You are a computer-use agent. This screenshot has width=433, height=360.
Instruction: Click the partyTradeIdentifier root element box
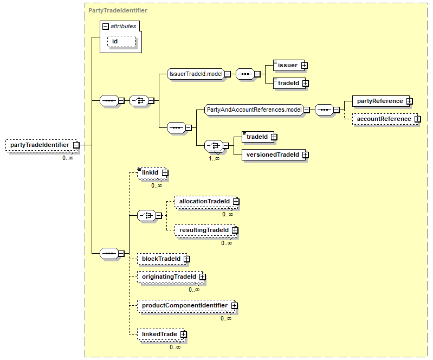[42, 145]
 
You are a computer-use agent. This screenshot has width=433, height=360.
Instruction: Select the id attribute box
[121, 41]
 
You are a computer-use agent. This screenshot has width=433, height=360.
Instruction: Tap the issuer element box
[289, 66]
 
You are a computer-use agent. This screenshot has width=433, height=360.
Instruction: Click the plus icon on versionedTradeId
[305, 155]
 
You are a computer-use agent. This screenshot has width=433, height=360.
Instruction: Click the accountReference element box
[385, 119]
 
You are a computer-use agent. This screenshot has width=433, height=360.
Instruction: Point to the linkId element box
[152, 172]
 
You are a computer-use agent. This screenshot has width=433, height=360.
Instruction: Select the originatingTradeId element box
[171, 277]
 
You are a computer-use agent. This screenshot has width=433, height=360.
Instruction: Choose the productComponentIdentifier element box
[186, 306]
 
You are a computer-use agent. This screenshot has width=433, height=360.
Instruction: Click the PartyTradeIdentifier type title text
[118, 10]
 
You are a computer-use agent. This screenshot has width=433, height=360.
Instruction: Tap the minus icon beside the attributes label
[106, 27]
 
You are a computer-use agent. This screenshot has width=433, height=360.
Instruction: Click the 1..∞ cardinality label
[214, 159]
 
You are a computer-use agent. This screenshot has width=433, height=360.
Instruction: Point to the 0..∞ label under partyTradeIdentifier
[68, 158]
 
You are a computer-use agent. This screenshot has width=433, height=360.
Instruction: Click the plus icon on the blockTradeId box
[187, 259]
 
